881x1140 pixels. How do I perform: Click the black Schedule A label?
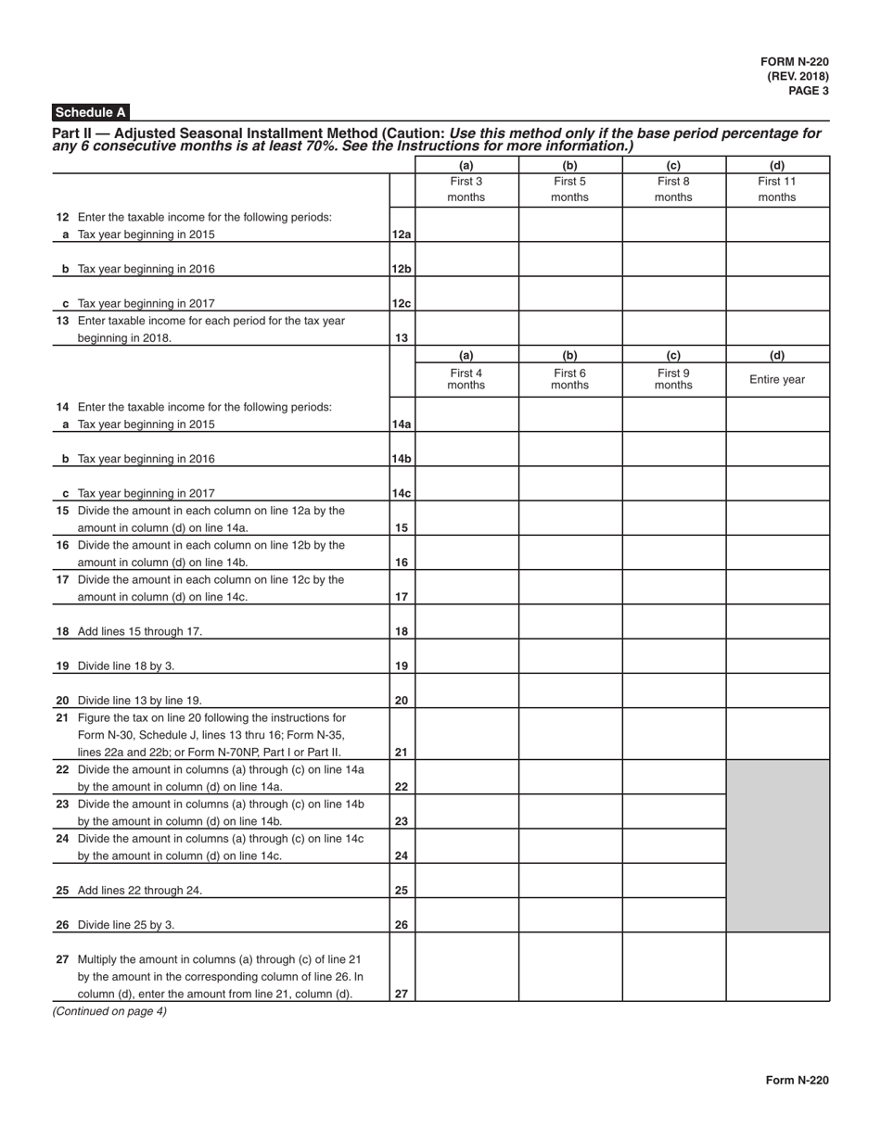[90, 112]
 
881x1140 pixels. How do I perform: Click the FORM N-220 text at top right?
[795, 61]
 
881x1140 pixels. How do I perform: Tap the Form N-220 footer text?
[797, 1080]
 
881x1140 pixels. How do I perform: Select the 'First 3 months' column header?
[466, 189]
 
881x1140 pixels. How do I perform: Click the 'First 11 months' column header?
[777, 189]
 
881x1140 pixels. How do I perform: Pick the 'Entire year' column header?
[777, 379]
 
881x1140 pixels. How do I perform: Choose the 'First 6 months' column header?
[569, 379]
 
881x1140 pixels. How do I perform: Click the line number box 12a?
[402, 234]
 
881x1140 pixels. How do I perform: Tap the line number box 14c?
[402, 493]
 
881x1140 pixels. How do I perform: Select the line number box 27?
[402, 994]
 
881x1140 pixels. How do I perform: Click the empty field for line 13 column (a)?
[466, 328]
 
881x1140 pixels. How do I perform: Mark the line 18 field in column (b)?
[569, 622]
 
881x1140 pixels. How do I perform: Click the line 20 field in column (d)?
[777, 690]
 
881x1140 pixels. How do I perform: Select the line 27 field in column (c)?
[673, 967]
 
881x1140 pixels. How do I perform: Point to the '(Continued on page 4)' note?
[109, 1011]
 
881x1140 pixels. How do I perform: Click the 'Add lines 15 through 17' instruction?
[139, 631]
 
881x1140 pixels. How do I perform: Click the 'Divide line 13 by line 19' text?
[139, 701]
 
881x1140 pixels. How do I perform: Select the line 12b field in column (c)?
[673, 260]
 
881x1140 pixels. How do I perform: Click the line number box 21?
[402, 752]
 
